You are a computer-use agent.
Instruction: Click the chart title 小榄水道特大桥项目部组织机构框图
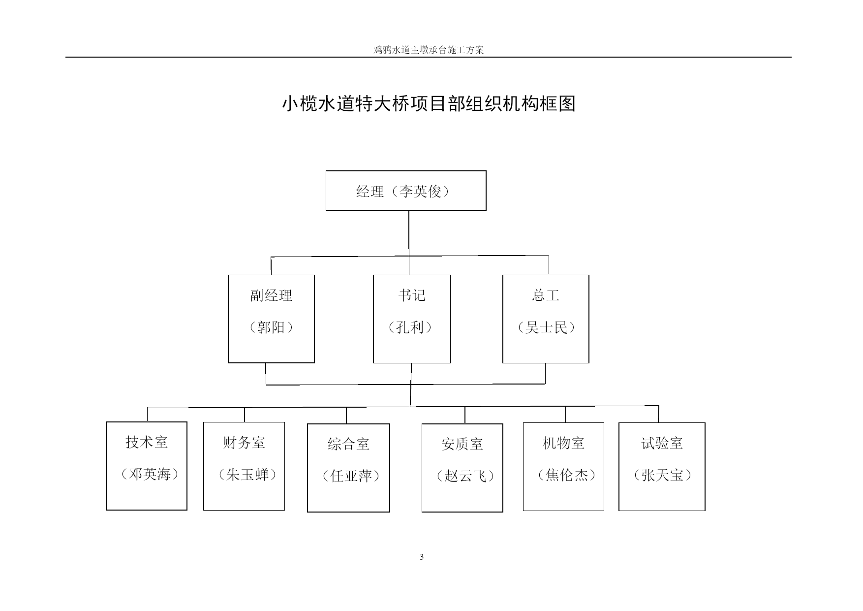pos(429,104)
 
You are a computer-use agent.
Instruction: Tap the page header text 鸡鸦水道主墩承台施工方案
pos(429,50)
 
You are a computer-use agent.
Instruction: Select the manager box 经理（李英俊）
pos(406,191)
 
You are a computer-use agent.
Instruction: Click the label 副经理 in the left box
pos(272,295)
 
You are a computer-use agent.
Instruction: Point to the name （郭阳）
pos(272,327)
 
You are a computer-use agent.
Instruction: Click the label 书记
pos(412,295)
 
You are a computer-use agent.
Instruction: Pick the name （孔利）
pos(410,327)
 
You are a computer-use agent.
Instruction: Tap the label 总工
pos(546,295)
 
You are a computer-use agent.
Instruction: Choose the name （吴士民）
pos(546,327)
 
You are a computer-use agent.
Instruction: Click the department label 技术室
pos(147,442)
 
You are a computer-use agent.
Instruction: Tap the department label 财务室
pos(244,443)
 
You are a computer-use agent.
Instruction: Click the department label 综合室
pos(348,444)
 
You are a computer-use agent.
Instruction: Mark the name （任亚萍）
pos(351,476)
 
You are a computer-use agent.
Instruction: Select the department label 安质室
pos(462,444)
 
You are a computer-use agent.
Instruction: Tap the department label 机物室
pos(563,443)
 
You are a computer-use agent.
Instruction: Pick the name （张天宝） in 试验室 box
pos(663,475)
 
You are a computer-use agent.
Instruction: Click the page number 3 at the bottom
pos(422,557)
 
